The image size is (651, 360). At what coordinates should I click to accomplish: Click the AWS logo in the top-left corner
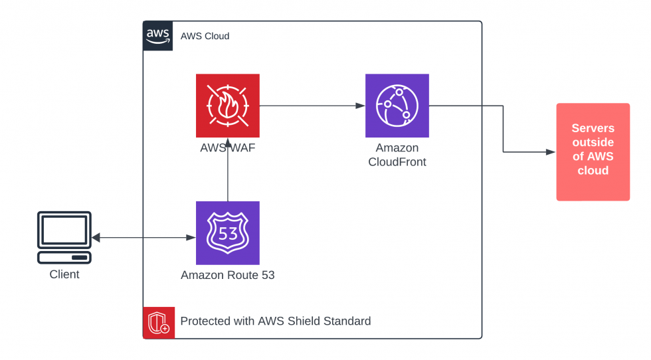[158, 36]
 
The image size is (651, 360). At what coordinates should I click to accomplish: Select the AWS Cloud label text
[205, 36]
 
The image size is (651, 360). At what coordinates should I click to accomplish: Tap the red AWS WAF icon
[227, 105]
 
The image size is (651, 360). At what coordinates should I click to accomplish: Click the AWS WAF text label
[227, 147]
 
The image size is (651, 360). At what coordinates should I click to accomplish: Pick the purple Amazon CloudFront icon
[397, 105]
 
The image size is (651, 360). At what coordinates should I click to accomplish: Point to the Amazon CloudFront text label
[397, 154]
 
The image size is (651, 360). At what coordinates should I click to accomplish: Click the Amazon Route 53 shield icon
[227, 232]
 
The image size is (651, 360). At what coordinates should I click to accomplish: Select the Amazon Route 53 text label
[227, 275]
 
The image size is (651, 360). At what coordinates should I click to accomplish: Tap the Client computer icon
[64, 238]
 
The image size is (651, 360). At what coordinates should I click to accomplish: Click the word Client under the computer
[64, 274]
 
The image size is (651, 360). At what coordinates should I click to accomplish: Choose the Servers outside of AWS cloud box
[593, 151]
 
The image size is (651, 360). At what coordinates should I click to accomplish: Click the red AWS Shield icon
[159, 322]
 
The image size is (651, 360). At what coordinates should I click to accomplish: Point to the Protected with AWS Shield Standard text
[275, 321]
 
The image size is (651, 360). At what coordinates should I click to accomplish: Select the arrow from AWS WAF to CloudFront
[312, 106]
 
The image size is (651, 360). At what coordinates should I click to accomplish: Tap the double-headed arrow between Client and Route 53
[143, 238]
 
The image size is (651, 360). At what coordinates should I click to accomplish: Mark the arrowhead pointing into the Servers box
[551, 152]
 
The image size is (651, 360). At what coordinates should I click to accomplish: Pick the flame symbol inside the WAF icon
[227, 105]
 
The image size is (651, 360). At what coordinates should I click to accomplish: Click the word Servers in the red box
[593, 128]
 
